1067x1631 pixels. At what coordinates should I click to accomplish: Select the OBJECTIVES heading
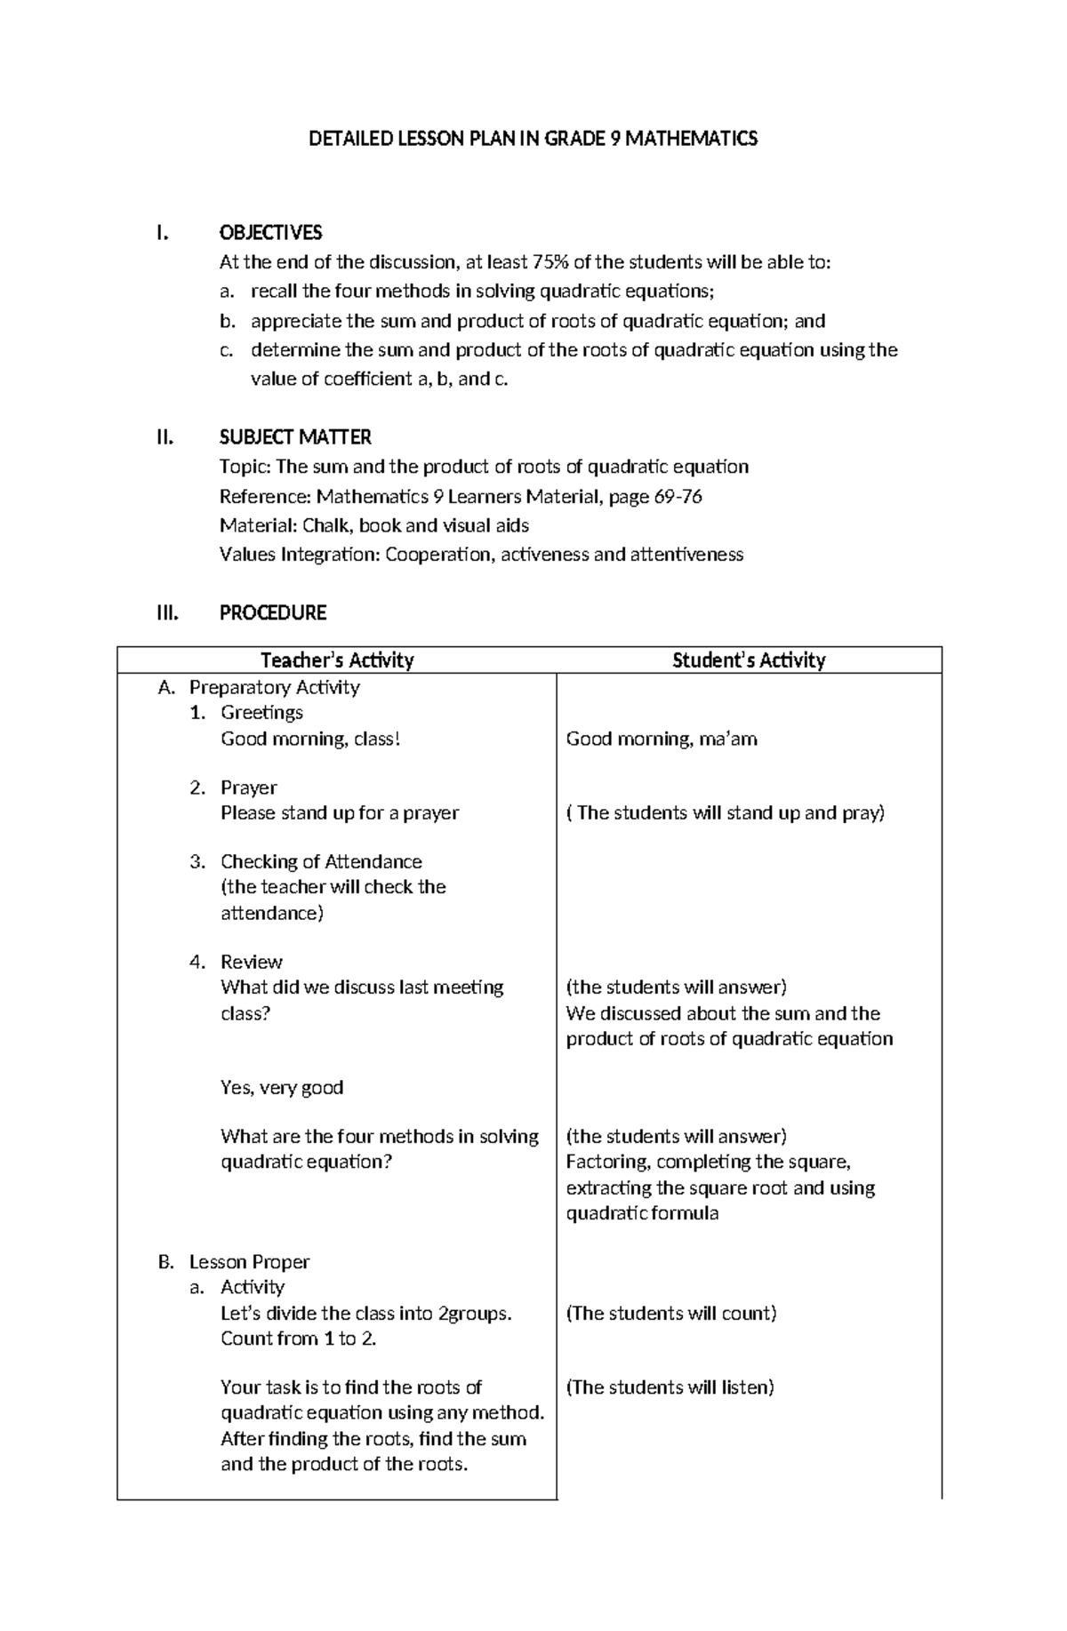pyautogui.click(x=270, y=233)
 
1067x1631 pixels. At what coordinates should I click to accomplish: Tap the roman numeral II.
pyautogui.click(x=164, y=437)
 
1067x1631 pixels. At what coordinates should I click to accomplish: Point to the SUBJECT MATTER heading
pyautogui.click(x=295, y=437)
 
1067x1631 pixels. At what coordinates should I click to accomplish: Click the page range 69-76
pyautogui.click(x=678, y=496)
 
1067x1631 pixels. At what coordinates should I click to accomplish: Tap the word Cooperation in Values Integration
pyautogui.click(x=439, y=555)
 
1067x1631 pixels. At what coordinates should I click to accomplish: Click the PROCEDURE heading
pyautogui.click(x=272, y=612)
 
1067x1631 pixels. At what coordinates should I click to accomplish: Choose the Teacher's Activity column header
pyautogui.click(x=337, y=660)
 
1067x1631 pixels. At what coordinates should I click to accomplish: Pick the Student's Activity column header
pyautogui.click(x=749, y=660)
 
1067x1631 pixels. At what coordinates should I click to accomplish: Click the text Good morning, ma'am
pyautogui.click(x=662, y=739)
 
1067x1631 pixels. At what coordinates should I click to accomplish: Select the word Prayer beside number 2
pyautogui.click(x=248, y=788)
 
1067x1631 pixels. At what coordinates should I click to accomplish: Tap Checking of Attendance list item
pyautogui.click(x=321, y=861)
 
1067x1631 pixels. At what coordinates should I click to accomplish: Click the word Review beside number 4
pyautogui.click(x=251, y=962)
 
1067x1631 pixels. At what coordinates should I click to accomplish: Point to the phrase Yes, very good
pyautogui.click(x=281, y=1088)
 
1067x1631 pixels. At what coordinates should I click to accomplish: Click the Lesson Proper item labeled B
pyautogui.click(x=248, y=1262)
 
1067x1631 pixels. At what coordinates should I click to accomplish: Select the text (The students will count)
pyautogui.click(x=671, y=1314)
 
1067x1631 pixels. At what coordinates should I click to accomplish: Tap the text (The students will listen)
pyautogui.click(x=670, y=1387)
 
